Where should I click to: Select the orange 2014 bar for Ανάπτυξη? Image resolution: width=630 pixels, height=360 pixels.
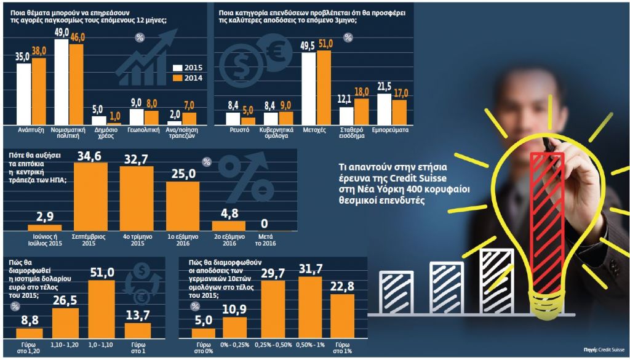coord(39,92)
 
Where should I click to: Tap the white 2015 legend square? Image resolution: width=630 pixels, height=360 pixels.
coord(178,68)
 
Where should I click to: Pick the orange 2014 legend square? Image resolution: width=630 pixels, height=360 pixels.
coord(178,78)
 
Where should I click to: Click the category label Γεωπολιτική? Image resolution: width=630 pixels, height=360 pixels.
coord(145,131)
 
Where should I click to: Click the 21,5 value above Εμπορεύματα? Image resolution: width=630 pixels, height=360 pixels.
coord(384,85)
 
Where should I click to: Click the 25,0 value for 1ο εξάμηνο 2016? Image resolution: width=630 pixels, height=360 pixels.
coord(183,174)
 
